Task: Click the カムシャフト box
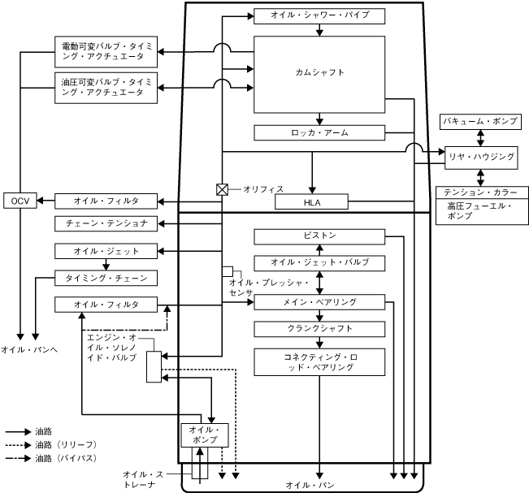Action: (x=319, y=74)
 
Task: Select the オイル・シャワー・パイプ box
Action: (x=319, y=16)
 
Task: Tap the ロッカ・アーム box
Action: (x=319, y=132)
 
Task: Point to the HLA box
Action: (x=312, y=201)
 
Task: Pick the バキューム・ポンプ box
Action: (x=479, y=121)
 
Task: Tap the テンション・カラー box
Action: (x=479, y=192)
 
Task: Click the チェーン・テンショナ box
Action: (x=106, y=223)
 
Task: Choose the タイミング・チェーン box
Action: (x=106, y=278)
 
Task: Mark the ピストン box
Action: (x=319, y=236)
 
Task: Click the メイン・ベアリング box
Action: (x=319, y=302)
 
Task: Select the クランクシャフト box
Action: (x=319, y=329)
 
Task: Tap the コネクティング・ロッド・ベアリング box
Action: (x=319, y=362)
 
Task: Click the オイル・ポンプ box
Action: (x=204, y=435)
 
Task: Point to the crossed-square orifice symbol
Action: (x=221, y=188)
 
